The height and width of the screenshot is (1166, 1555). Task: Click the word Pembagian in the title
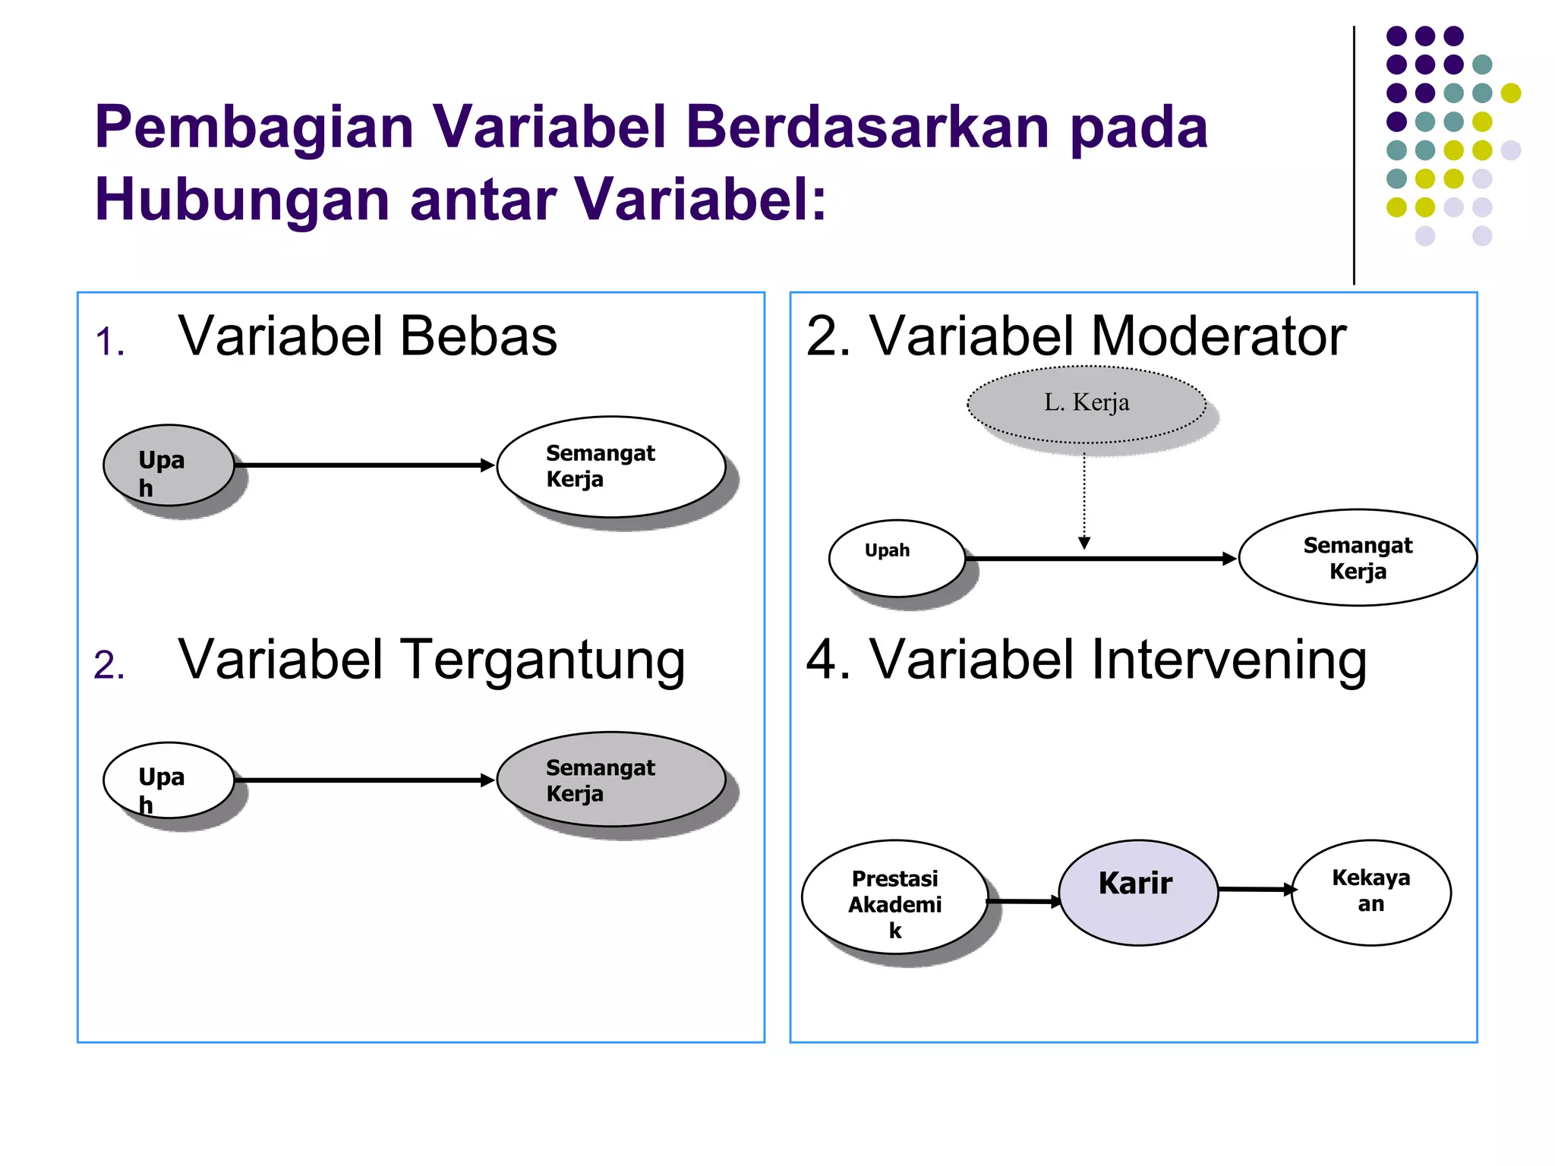[x=254, y=128]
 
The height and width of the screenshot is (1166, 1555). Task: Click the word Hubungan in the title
[x=242, y=200]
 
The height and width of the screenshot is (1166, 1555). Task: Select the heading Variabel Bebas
[x=367, y=336]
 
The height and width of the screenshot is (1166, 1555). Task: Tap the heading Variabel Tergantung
[x=431, y=660]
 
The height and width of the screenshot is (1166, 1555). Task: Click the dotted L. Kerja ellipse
[x=1086, y=404]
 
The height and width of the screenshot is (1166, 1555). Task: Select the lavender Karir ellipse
[x=1137, y=893]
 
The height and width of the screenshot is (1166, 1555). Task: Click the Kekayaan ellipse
[x=1370, y=892]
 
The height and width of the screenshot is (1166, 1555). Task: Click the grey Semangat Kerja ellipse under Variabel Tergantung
[x=611, y=780]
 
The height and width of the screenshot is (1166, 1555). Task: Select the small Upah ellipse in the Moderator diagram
[x=896, y=558]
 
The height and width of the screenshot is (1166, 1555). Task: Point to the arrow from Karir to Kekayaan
[x=1256, y=889]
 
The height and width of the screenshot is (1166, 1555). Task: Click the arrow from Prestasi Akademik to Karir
[x=1024, y=901]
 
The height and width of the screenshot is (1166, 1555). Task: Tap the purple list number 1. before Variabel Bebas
[x=109, y=342]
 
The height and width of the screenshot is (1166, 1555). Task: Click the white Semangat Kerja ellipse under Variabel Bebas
[x=611, y=467]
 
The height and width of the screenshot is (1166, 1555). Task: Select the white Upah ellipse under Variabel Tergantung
[x=169, y=780]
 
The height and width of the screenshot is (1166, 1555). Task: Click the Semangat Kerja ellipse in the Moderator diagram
[x=1357, y=558]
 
